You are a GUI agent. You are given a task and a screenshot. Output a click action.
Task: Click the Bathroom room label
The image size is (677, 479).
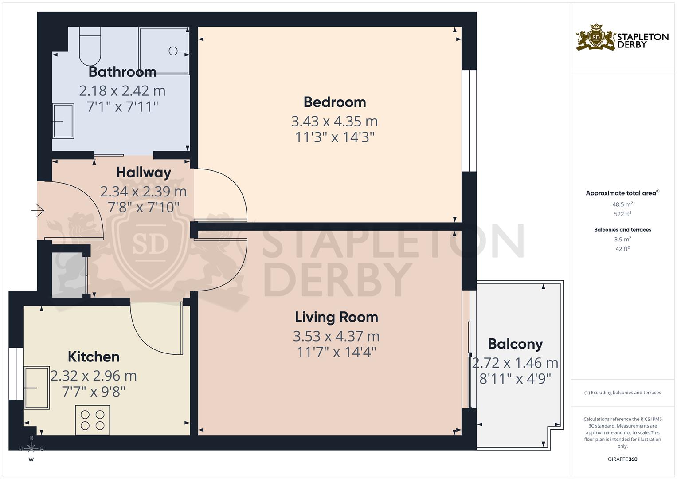[x=122, y=72]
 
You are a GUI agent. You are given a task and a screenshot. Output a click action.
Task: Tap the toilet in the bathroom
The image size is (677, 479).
[x=90, y=46]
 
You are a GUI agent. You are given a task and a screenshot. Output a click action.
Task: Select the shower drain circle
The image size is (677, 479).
[x=173, y=51]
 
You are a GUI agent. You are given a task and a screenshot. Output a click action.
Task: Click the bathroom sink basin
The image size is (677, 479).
[x=63, y=121]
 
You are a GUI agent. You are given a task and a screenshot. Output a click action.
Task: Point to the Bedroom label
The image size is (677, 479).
[x=335, y=102]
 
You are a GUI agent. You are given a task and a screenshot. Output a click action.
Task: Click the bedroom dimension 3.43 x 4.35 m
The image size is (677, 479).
[x=335, y=121]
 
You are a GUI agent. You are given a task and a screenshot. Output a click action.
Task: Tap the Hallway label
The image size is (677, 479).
[x=144, y=173]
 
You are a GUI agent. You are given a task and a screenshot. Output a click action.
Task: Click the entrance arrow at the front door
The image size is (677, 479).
[x=38, y=210]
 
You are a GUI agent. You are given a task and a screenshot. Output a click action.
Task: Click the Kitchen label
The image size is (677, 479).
[x=94, y=357]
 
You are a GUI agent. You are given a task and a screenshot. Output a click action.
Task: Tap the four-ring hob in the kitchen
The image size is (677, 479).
[x=93, y=420]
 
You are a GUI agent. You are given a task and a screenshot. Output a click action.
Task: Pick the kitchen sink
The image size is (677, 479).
[x=36, y=388]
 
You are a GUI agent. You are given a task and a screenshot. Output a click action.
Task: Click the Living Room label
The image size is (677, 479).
[x=337, y=317]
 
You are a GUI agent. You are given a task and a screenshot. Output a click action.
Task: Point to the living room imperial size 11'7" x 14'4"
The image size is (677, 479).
[x=337, y=352]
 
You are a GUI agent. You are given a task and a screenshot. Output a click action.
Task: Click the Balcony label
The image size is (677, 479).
[x=515, y=344]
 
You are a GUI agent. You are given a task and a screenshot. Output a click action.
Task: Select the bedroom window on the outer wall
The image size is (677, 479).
[x=470, y=121]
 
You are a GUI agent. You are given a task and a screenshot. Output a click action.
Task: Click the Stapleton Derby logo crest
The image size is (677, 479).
[x=596, y=38]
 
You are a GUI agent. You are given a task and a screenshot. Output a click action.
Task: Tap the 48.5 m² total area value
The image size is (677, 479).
[x=622, y=204]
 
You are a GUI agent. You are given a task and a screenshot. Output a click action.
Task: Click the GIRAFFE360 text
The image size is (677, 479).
[x=622, y=459]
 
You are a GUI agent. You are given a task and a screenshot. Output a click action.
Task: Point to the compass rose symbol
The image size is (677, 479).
[x=31, y=448]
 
